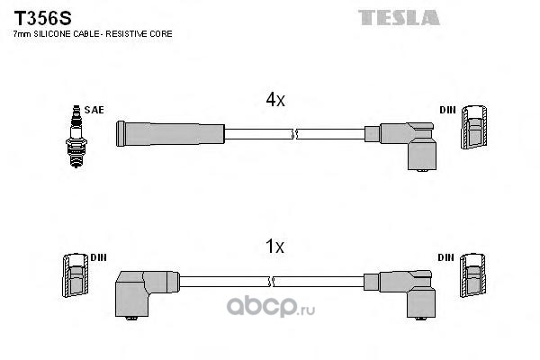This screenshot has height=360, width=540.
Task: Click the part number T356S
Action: coord(42,18)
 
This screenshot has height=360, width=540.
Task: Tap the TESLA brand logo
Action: coord(399,18)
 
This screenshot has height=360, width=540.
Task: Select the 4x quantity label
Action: coord(275,100)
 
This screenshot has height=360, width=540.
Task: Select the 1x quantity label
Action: coord(274,247)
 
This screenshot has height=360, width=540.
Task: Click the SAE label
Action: coord(94,110)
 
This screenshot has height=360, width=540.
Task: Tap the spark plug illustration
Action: coord(76,137)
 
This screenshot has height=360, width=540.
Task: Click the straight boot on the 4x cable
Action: coord(170,133)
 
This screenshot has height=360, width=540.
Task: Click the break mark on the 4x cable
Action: coord(293,134)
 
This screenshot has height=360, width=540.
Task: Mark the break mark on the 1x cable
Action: coord(271,281)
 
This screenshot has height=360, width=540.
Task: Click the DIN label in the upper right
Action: coord(447,110)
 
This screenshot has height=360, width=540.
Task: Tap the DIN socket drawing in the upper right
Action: coord(474,127)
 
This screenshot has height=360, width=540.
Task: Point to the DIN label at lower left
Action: coord(98,257)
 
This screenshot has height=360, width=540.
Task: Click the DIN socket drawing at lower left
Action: coord(76,275)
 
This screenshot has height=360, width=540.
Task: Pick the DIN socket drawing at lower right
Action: coord(473,275)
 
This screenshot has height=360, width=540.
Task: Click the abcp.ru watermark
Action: coord(271,306)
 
